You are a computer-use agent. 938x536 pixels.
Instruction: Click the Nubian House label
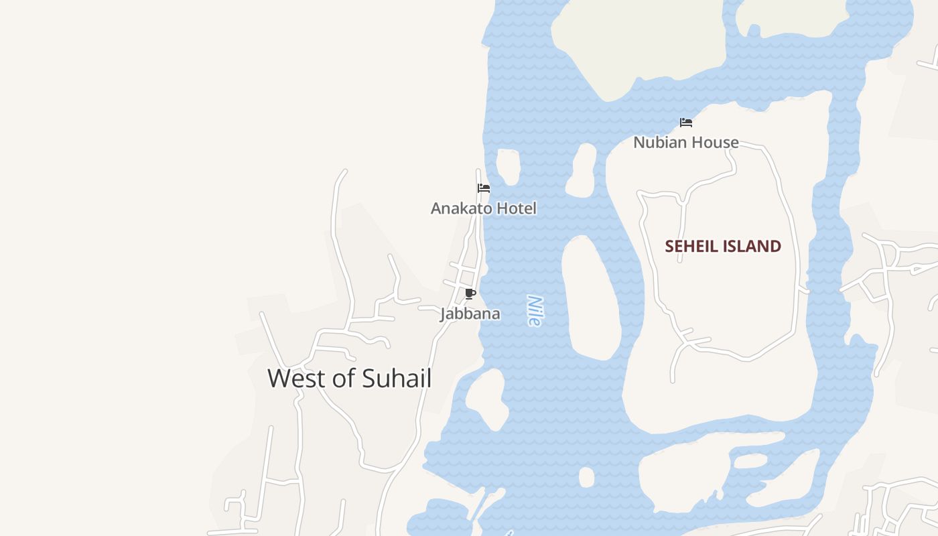pyautogui.click(x=685, y=142)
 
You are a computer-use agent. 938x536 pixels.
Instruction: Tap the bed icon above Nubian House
pyautogui.click(x=685, y=123)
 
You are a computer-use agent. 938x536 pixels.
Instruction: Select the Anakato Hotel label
pyautogui.click(x=483, y=208)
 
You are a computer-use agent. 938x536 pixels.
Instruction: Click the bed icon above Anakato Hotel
pyautogui.click(x=483, y=188)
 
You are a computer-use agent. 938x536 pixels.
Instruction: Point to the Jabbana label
pyautogui.click(x=470, y=314)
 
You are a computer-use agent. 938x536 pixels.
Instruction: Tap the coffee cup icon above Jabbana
pyautogui.click(x=470, y=293)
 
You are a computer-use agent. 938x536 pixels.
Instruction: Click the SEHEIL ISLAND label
pyautogui.click(x=722, y=247)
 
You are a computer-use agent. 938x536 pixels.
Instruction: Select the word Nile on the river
pyautogui.click(x=533, y=311)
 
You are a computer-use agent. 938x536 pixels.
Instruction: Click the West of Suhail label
pyautogui.click(x=349, y=378)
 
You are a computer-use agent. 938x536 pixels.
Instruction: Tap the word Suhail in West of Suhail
pyautogui.click(x=396, y=378)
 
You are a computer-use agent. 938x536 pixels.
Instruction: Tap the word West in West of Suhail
pyautogui.click(x=297, y=378)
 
